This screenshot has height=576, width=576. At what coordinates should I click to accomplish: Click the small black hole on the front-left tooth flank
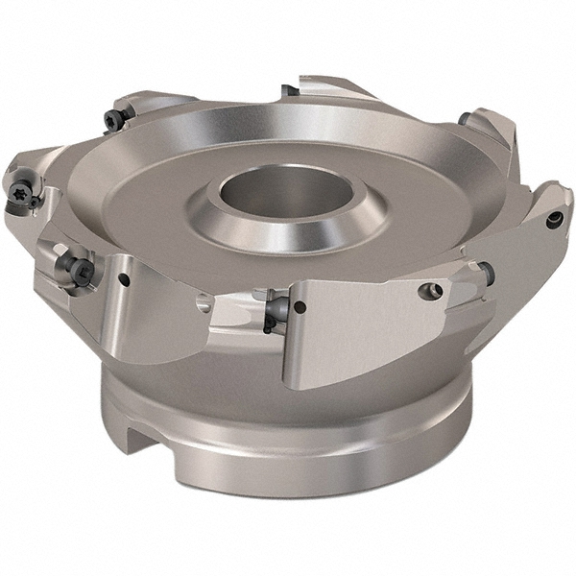pos(125,279)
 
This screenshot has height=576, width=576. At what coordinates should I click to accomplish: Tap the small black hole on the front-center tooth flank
pos(300,308)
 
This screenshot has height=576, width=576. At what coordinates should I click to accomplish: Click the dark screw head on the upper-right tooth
pos(462,119)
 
